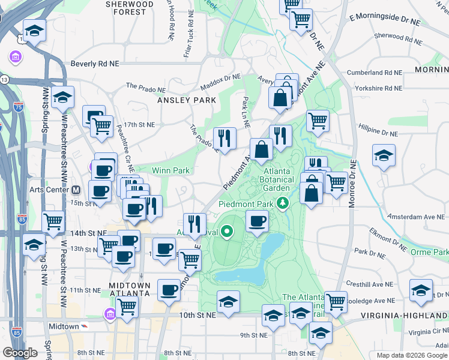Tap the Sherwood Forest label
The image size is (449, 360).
[130, 7]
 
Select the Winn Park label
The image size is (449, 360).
[170, 170]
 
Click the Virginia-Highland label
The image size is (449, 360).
[404, 315]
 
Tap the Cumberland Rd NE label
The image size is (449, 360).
[377, 72]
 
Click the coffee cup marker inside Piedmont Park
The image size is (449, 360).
[257, 221]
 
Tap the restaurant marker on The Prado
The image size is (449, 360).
[224, 139]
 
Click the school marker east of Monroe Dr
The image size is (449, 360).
[384, 156]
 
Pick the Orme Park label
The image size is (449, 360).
[429, 253]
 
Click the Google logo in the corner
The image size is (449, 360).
[20, 353]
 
